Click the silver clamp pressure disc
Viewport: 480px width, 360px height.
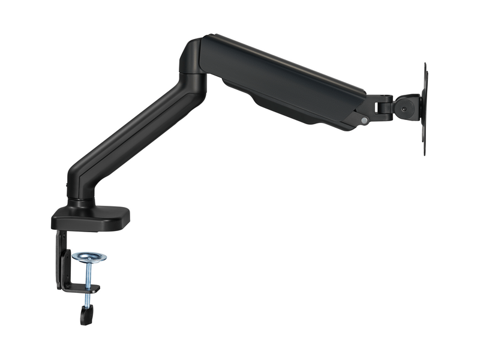tap(89, 257)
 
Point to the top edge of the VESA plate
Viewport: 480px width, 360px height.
tap(425, 65)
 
